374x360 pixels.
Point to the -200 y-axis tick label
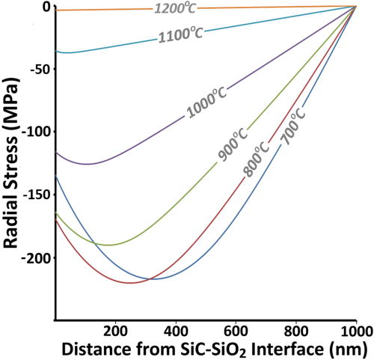[36, 258]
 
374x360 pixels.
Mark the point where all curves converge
[355, 6]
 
